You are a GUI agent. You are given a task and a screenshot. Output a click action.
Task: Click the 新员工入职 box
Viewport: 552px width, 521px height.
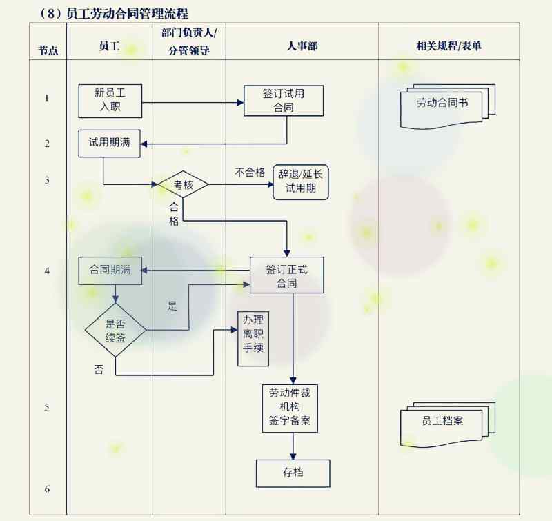coord(110,101)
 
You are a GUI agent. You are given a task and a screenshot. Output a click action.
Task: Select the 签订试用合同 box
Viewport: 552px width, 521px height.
coord(284,101)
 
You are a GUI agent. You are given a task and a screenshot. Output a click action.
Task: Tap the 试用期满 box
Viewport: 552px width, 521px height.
coord(109,143)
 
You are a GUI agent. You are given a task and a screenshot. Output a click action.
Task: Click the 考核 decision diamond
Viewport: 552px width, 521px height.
coord(183,184)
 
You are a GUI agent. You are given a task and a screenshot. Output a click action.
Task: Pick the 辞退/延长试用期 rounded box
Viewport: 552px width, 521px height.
coord(301,181)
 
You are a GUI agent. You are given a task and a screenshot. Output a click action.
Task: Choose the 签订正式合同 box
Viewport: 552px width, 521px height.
coord(286,276)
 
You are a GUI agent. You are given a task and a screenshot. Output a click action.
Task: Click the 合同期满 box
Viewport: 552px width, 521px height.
coord(110,270)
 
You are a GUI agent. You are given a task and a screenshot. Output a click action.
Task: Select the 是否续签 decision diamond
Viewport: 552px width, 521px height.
coord(115,330)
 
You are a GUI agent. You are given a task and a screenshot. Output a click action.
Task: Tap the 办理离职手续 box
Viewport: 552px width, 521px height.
coord(250,334)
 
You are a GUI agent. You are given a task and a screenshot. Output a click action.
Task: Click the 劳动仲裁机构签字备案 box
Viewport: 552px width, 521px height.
coord(290,408)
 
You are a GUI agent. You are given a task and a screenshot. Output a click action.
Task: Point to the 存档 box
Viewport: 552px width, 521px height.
coord(293,473)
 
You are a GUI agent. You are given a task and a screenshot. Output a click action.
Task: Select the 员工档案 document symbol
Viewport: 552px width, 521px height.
coord(444,422)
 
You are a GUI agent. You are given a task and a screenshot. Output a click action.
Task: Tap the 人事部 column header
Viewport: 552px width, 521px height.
coord(302,46)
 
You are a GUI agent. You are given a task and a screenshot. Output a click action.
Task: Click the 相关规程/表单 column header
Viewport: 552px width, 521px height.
coord(448,46)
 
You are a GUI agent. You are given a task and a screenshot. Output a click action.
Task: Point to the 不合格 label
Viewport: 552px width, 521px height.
coord(250,173)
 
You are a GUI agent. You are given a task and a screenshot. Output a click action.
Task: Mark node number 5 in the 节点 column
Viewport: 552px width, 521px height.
coord(47,407)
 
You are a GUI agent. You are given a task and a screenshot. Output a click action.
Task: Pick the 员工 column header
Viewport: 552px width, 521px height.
coord(109,46)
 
